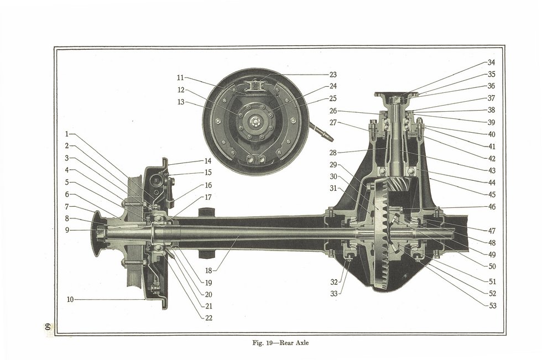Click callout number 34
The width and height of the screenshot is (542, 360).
pyautogui.click(x=491, y=62)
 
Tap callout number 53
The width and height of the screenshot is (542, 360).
pyautogui.click(x=492, y=305)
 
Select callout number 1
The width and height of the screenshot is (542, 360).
pyautogui.click(x=67, y=134)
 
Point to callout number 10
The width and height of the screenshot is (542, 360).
pyautogui.click(x=70, y=300)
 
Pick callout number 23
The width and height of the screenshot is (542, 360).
pyautogui.click(x=333, y=75)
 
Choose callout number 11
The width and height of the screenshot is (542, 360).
pyautogui.click(x=180, y=78)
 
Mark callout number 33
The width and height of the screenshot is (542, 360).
pyautogui.click(x=333, y=294)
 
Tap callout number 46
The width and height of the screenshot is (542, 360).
pyautogui.click(x=492, y=207)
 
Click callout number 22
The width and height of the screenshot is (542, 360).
pyautogui.click(x=208, y=318)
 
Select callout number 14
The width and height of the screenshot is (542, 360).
pyautogui.click(x=208, y=161)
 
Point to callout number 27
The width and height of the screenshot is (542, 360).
pyautogui.click(x=333, y=123)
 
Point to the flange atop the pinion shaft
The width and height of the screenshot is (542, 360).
pyautogui.click(x=396, y=94)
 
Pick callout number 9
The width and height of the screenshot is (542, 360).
pyautogui.click(x=67, y=231)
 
